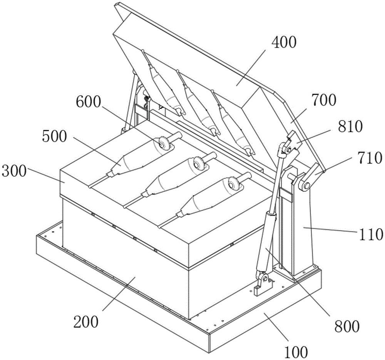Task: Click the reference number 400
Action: tap(284, 42)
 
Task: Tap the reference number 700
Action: tap(323, 100)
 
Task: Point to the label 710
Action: tap(370, 157)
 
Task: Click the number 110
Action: tap(371, 234)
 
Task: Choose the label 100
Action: tap(296, 352)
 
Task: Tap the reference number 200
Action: tap(86, 322)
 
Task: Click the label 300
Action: tap(14, 171)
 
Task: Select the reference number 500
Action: tap(54, 136)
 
